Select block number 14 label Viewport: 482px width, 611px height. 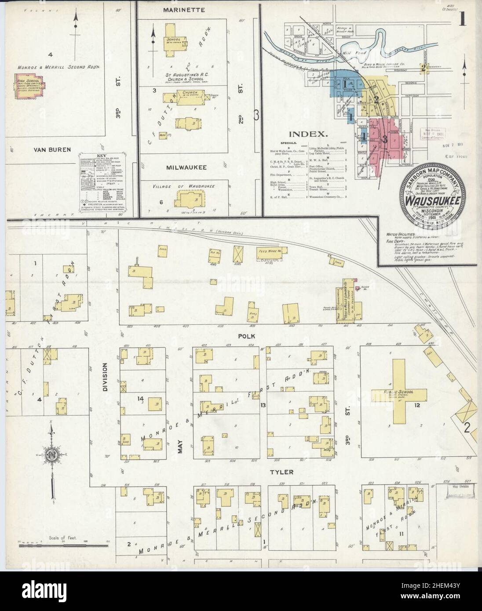click(141, 399)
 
